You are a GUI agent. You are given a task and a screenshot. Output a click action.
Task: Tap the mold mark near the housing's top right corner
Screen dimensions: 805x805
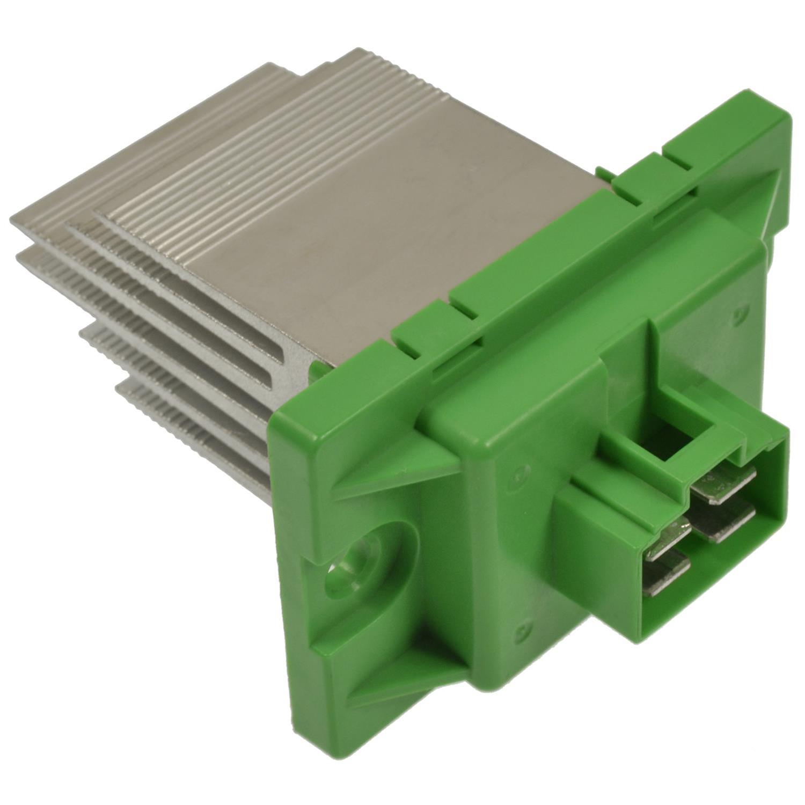click(x=741, y=311)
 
